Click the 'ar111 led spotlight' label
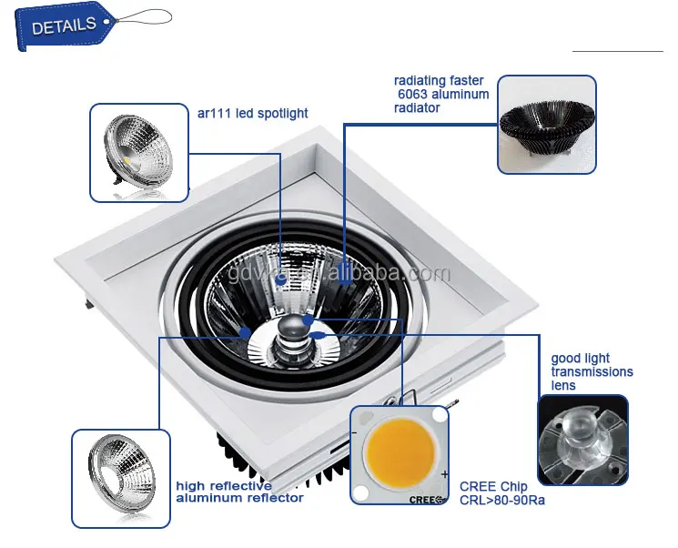tap(252, 114)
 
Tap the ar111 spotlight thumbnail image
tap(137, 152)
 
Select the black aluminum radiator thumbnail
tap(546, 124)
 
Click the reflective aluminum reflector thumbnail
tap(120, 478)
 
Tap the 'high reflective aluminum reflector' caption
tap(239, 492)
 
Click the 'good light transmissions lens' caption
tap(592, 371)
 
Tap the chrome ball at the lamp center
tap(293, 326)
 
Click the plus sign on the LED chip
tap(443, 475)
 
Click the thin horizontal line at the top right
tap(617, 51)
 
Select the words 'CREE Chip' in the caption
tap(492, 487)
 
